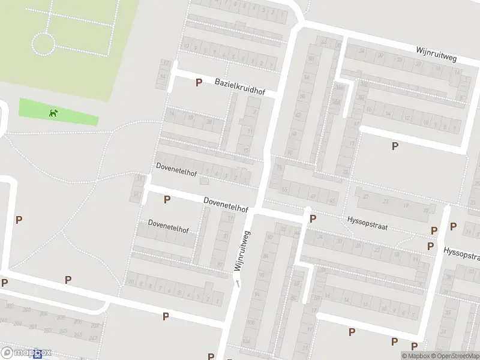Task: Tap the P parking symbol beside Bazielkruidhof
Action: click(x=199, y=82)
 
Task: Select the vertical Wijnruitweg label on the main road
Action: click(x=242, y=251)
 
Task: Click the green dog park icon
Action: click(x=54, y=112)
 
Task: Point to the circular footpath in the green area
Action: click(x=43, y=44)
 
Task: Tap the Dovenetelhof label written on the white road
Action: click(x=226, y=205)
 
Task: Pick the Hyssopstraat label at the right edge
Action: click(x=462, y=253)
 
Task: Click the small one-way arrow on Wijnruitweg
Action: click(x=238, y=283)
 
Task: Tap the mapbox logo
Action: click(x=26, y=353)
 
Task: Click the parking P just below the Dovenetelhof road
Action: click(x=167, y=199)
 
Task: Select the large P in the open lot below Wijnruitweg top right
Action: click(x=395, y=146)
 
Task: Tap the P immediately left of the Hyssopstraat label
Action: click(x=313, y=218)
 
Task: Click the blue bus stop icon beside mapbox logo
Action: click(x=38, y=355)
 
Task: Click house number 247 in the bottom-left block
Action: click(x=92, y=338)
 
